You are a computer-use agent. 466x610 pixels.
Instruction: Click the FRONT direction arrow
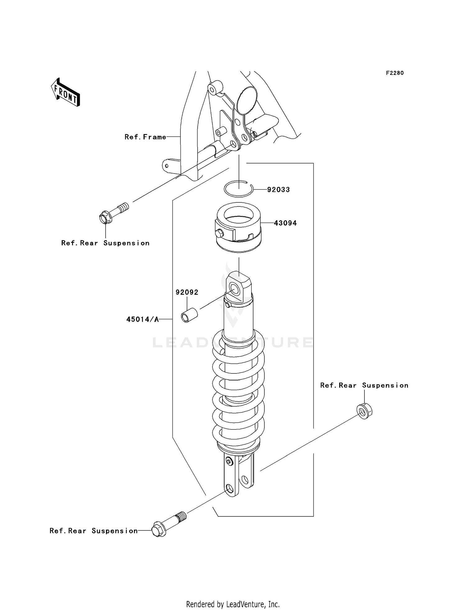[x=66, y=93]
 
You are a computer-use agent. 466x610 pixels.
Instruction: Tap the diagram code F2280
[x=395, y=73]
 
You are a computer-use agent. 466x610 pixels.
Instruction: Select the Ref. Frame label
[x=145, y=137]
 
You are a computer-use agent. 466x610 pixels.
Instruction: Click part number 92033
[x=278, y=190]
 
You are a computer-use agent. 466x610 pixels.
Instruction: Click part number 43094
[x=285, y=223]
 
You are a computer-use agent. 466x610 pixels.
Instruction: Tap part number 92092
[x=187, y=292]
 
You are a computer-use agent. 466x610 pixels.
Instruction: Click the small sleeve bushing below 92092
[x=190, y=315]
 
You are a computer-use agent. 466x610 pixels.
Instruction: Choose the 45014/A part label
[x=142, y=319]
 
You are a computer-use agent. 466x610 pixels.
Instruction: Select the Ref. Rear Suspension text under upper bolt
[x=105, y=243]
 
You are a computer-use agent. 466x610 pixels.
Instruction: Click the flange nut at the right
[x=364, y=411]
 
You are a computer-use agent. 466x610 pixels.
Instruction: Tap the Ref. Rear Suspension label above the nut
[x=364, y=386]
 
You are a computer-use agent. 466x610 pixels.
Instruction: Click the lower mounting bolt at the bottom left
[x=168, y=525]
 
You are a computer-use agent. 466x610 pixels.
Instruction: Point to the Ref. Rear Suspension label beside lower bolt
[x=94, y=531]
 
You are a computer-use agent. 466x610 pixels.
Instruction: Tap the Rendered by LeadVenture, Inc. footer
[x=233, y=604]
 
